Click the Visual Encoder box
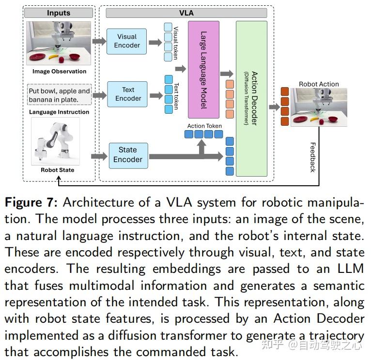127,41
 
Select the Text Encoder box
128,94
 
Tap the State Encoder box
127,155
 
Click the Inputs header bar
58,13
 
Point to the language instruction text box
59,95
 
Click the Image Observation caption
59,72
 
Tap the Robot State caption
58,170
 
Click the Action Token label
204,126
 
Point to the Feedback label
312,157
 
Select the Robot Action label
319,84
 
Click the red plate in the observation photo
38,57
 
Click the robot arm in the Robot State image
56,140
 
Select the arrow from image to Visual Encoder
99,41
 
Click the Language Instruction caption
59,112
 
